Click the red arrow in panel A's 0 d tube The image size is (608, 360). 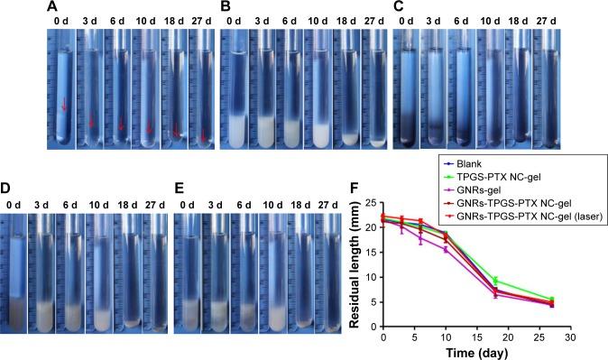(63, 106)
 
